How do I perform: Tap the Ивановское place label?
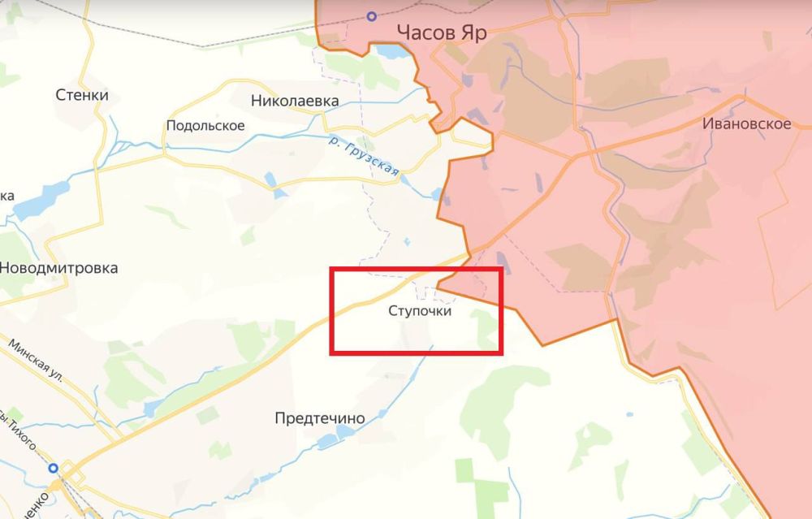point(748,123)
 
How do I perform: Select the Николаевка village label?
point(295,102)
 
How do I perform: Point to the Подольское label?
point(205,125)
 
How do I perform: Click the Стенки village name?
point(82,95)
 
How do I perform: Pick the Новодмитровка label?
point(59,267)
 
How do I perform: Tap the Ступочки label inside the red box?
point(419,310)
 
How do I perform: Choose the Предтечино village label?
point(319,417)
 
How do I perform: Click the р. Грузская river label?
point(365,155)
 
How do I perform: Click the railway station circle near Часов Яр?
point(372,15)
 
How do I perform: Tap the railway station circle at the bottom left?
point(54,468)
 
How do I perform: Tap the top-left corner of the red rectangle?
point(330,269)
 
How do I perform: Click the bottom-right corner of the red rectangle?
point(502,352)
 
